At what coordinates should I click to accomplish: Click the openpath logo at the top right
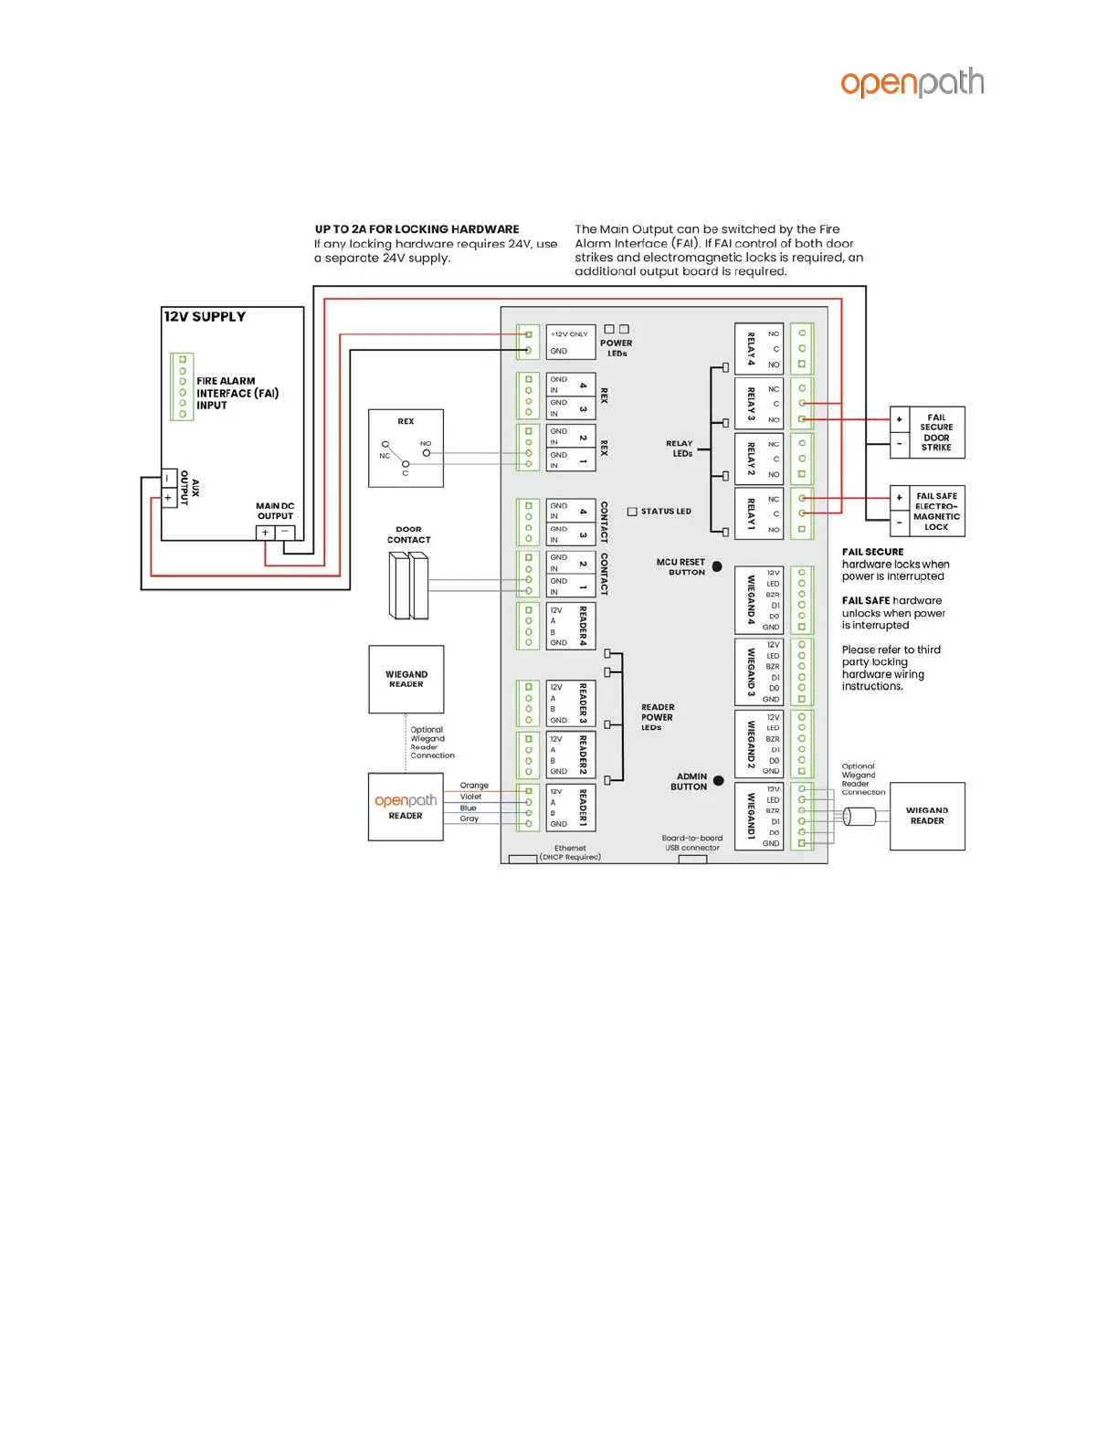point(912,83)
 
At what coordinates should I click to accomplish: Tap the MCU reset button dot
point(717,566)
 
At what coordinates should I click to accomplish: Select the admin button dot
point(718,781)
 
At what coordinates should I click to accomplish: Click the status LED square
point(632,512)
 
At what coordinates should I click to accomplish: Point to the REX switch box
point(406,448)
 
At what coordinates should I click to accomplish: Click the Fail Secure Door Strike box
point(927,432)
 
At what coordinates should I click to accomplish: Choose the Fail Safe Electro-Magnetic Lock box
point(927,512)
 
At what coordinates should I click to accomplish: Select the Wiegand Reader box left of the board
point(406,679)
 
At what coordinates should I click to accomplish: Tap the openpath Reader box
point(406,807)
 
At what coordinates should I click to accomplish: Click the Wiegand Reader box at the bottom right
point(927,816)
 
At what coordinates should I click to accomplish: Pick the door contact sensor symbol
point(408,586)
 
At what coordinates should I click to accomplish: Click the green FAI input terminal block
point(183,386)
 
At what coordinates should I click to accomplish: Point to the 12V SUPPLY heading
point(205,317)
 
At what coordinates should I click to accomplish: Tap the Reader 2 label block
point(570,755)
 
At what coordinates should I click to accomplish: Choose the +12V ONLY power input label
point(570,334)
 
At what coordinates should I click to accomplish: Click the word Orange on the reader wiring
point(474,786)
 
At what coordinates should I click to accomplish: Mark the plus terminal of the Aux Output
point(168,498)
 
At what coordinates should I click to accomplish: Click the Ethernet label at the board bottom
point(570,849)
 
